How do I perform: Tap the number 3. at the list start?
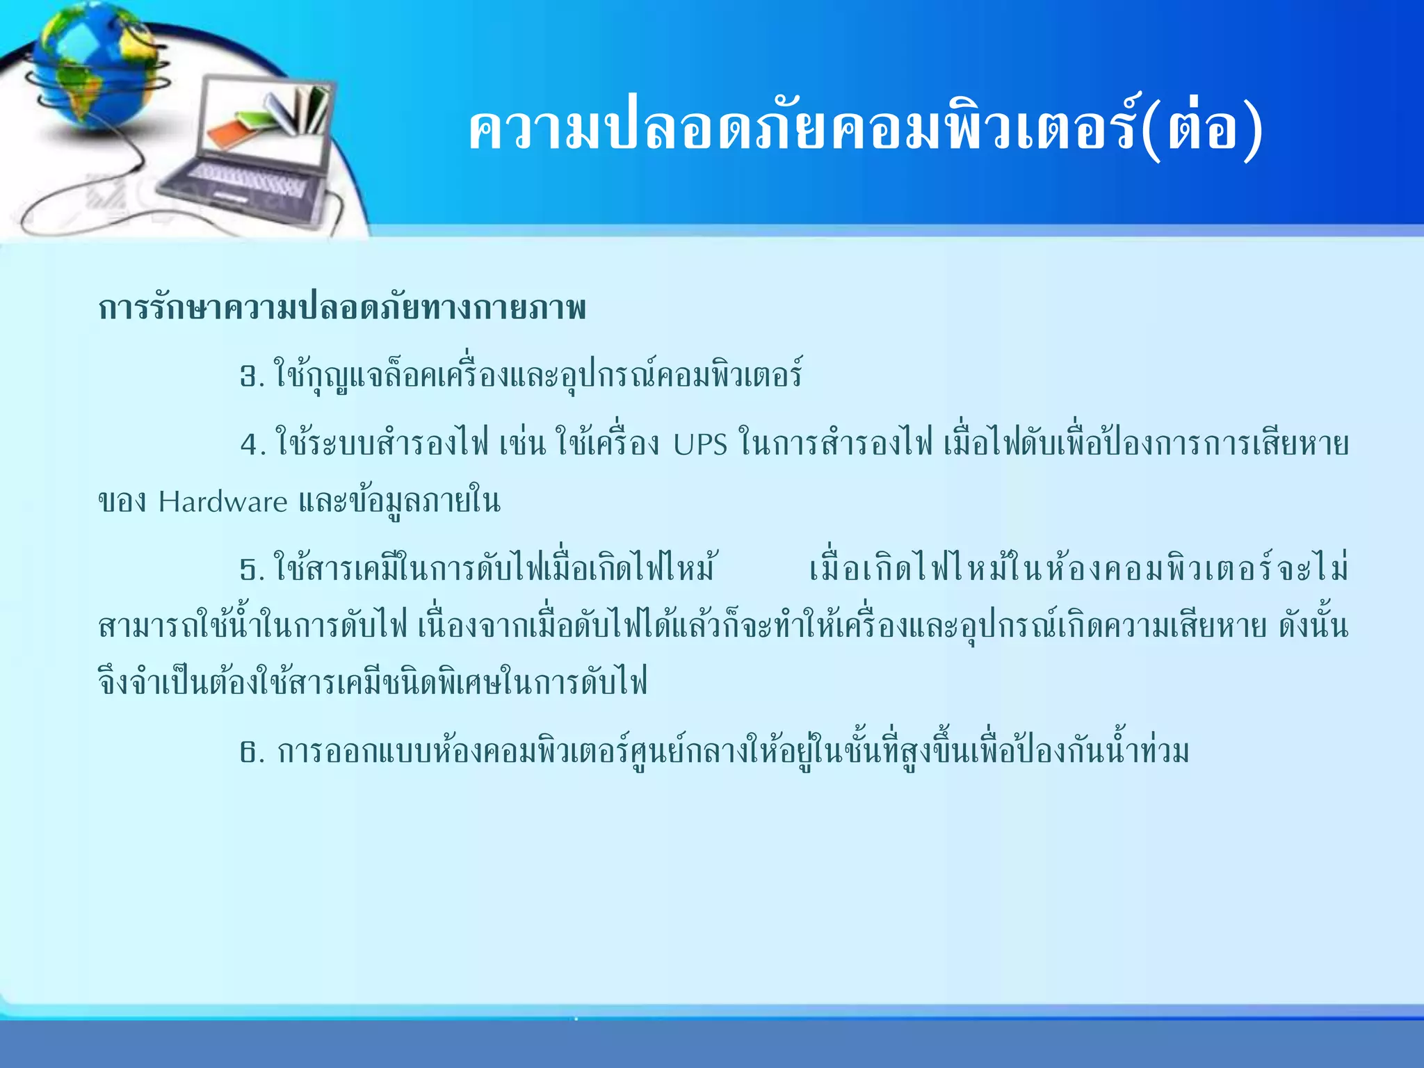[252, 377]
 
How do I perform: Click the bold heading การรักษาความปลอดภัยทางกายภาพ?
[342, 308]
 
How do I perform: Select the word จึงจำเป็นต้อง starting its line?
[177, 682]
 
